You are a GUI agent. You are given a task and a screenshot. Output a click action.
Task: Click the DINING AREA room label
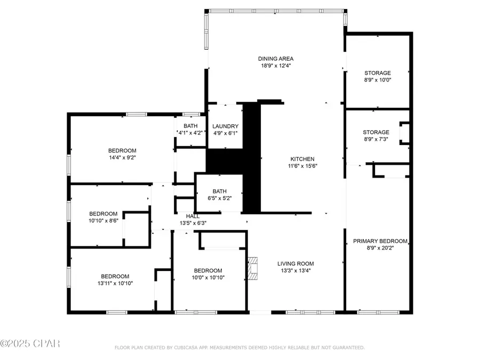click(276, 59)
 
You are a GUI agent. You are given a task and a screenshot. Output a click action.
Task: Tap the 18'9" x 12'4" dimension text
click(276, 66)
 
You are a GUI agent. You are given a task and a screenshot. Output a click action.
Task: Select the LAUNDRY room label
click(225, 126)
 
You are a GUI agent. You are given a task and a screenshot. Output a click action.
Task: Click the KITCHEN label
click(302, 159)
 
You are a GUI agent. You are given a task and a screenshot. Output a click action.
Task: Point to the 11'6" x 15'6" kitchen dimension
click(302, 166)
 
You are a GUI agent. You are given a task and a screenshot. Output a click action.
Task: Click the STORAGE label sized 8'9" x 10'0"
click(378, 73)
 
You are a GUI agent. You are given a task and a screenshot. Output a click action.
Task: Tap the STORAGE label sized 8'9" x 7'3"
click(377, 132)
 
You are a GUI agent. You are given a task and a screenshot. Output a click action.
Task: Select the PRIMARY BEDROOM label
click(380, 241)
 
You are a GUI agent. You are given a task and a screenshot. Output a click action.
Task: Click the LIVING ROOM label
click(295, 263)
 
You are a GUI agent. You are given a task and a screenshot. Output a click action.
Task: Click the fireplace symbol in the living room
click(253, 268)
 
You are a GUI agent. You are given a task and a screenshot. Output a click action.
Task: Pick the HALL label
click(185, 216)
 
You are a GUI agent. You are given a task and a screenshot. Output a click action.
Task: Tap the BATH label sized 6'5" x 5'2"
click(220, 191)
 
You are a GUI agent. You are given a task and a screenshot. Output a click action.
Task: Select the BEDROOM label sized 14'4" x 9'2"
click(122, 150)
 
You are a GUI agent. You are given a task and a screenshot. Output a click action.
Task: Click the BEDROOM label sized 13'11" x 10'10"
click(115, 276)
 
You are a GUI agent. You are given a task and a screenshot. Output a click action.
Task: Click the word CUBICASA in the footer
click(183, 348)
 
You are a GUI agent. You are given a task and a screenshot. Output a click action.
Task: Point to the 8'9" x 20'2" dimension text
click(380, 248)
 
